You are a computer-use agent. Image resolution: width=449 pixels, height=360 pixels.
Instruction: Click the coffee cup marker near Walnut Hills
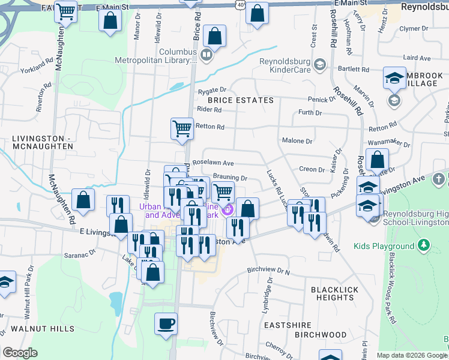click(x=166, y=323)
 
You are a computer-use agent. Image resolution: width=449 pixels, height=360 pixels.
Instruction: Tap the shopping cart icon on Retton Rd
click(x=182, y=128)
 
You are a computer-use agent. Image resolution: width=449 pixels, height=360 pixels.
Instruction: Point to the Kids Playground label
click(x=384, y=246)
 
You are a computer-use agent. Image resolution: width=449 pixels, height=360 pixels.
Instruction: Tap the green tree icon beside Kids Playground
click(x=424, y=245)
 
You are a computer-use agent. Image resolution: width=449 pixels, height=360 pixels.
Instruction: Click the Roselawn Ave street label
click(x=212, y=163)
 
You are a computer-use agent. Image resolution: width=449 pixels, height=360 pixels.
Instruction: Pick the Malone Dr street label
click(x=297, y=142)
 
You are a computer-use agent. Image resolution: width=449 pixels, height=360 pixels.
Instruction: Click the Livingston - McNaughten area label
click(x=42, y=142)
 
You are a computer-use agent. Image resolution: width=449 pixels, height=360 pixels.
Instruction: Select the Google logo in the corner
click(x=20, y=353)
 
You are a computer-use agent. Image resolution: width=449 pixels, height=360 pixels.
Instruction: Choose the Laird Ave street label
click(x=417, y=58)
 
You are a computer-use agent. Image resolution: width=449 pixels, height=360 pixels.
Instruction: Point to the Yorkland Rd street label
click(x=37, y=65)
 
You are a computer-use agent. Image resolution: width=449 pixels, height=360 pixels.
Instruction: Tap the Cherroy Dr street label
click(x=277, y=347)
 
